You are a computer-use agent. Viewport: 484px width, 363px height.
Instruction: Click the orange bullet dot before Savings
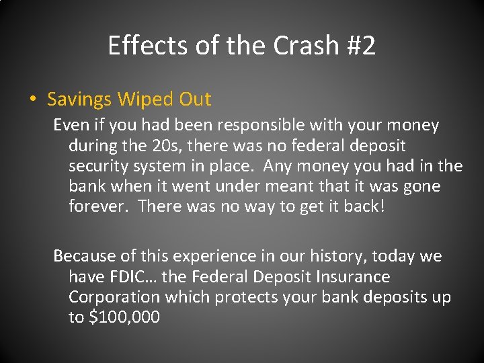pyautogui.click(x=33, y=100)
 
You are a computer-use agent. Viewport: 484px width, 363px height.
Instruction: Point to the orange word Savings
pyautogui.click(x=80, y=100)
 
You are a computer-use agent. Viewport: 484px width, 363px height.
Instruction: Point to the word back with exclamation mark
pyautogui.click(x=364, y=206)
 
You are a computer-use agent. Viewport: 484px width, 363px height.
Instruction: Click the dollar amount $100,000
pyautogui.click(x=124, y=317)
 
